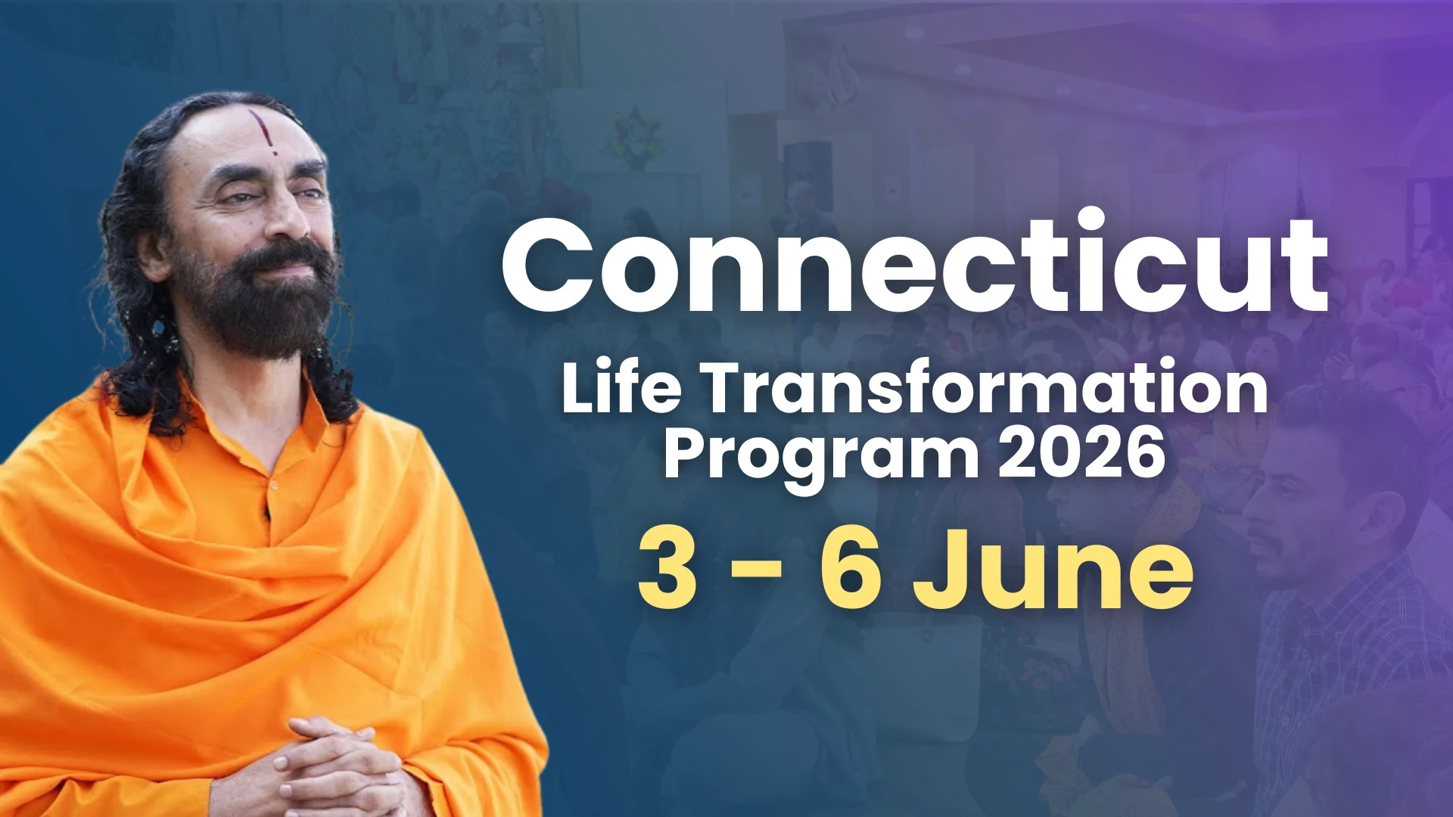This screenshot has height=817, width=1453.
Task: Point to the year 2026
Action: point(1081,451)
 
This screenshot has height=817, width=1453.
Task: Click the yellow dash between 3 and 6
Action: point(757,573)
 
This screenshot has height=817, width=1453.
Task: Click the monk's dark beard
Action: point(261,303)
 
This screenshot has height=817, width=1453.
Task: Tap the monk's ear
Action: point(152,253)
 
